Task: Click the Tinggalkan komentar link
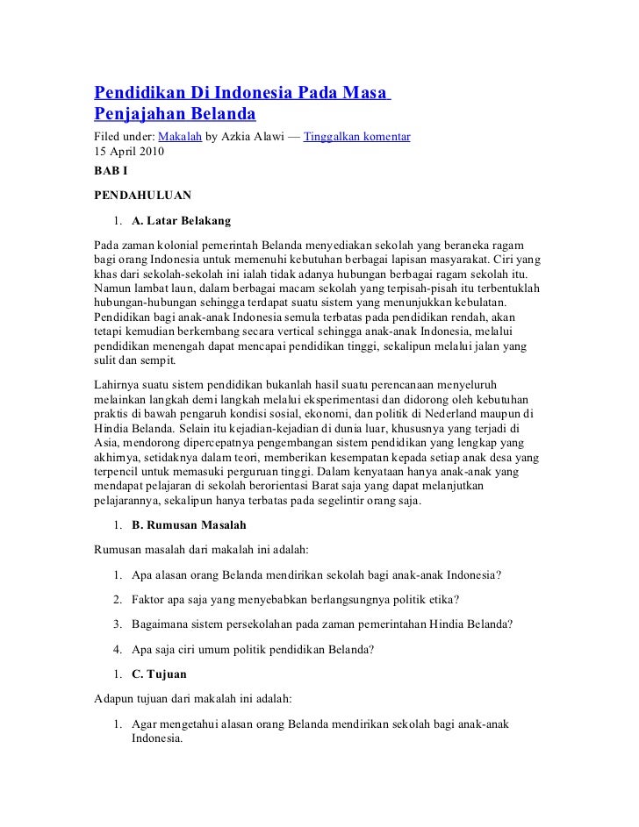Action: point(356,138)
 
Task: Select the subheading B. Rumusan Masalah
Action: point(189,524)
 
